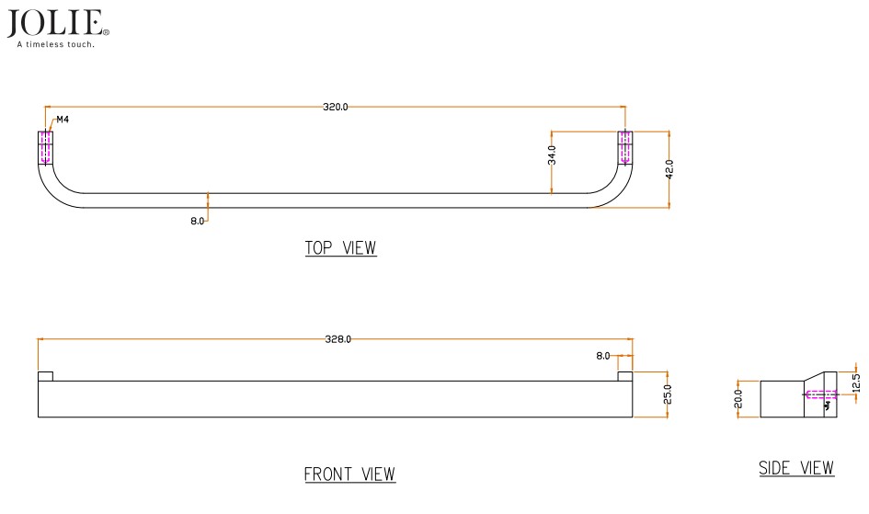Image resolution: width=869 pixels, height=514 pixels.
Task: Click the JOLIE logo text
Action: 57,22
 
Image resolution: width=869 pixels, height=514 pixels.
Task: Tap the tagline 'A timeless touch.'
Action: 56,43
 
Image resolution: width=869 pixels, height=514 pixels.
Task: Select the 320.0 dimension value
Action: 336,108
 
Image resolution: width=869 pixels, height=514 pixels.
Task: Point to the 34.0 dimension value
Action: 552,154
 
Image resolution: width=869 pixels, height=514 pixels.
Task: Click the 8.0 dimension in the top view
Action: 198,221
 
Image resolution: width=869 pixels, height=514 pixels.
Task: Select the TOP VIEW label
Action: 340,248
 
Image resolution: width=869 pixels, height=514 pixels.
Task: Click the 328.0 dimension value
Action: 338,339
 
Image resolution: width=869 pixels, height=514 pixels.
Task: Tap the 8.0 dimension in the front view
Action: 603,355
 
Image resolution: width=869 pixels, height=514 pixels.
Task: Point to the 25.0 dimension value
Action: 668,394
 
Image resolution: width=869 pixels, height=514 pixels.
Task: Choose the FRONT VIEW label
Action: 349,474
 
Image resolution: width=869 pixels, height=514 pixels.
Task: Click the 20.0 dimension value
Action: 738,399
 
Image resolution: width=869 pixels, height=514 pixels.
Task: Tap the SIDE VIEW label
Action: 796,468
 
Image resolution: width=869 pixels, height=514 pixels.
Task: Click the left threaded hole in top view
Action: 45,148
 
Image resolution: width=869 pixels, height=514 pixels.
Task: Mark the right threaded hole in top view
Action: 625,148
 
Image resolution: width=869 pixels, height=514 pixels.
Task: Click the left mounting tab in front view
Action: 45,376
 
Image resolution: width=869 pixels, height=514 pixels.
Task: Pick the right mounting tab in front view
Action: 625,376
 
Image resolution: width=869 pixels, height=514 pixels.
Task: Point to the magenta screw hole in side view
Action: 818,396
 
